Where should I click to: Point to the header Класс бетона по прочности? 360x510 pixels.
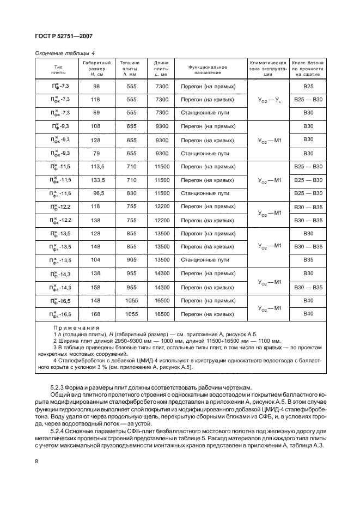tap(308, 70)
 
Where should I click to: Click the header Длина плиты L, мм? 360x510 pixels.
tap(162, 70)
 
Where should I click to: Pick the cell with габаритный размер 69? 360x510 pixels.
tap(97, 112)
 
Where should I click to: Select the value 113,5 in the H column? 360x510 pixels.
tap(97, 166)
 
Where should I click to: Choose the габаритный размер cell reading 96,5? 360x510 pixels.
tap(97, 193)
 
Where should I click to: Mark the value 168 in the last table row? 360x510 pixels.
tap(97, 314)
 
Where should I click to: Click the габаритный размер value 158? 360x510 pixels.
tap(97, 287)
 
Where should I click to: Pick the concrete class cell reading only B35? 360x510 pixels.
tap(308, 260)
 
